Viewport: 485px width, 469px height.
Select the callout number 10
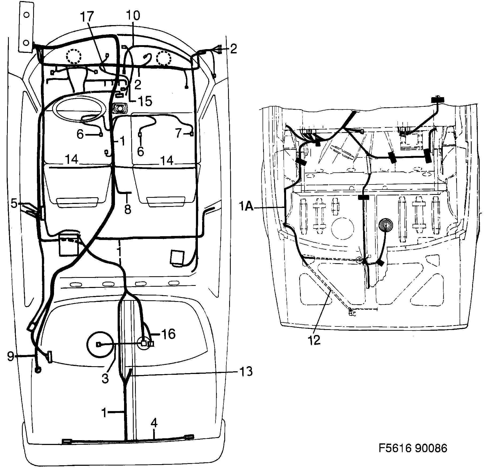coord(133,15)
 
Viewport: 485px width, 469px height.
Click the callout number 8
coord(128,209)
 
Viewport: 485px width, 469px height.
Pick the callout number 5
coord(14,204)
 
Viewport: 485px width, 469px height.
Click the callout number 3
coord(105,378)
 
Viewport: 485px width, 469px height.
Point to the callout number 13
coord(246,371)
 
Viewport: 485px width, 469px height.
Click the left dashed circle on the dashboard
coord(74,56)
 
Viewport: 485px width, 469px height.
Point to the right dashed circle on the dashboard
coord(163,58)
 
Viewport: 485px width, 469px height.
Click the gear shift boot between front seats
coord(120,109)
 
